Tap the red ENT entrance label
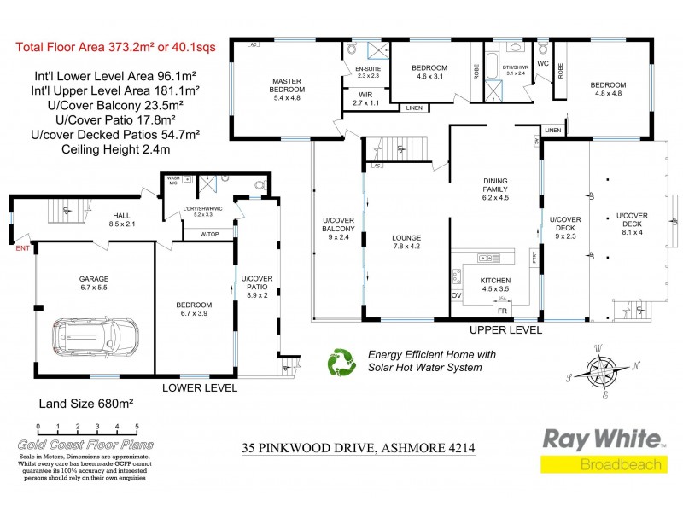click(23, 248)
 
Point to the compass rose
click(604, 371)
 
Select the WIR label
click(365, 98)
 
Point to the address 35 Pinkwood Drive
click(358, 448)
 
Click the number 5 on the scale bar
click(137, 427)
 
